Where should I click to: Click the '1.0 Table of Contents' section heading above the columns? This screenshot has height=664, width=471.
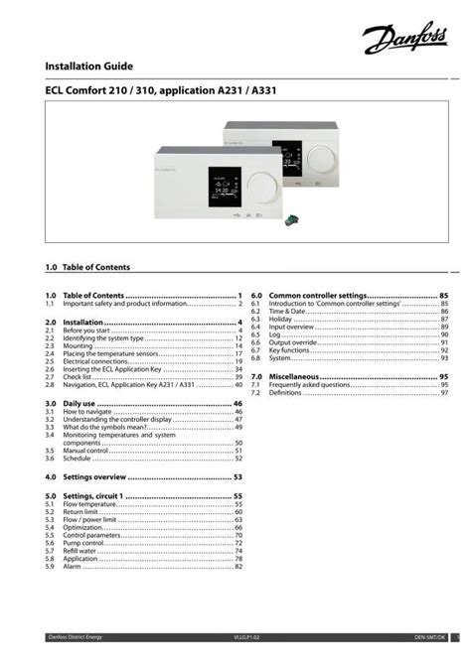click(87, 268)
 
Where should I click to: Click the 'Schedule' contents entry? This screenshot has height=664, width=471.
click(78, 459)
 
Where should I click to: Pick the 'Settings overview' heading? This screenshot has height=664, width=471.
click(95, 477)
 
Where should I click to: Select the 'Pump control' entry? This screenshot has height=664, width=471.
click(84, 543)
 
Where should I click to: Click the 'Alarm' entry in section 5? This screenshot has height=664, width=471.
click(72, 566)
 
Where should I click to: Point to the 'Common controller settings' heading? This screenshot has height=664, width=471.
click(318, 296)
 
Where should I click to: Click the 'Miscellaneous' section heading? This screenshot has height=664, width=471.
click(299, 377)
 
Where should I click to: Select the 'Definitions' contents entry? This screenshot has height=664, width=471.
click(288, 393)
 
